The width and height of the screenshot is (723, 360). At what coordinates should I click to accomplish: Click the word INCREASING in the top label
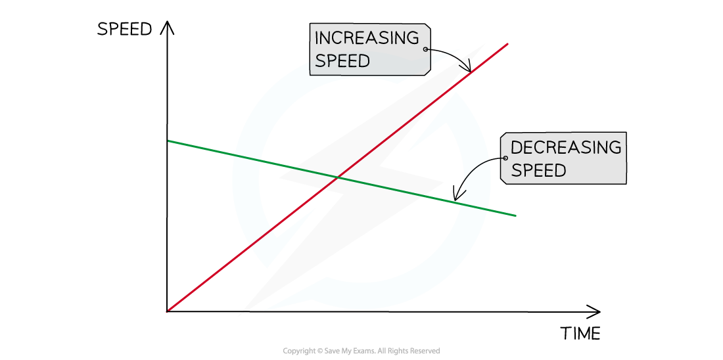366,37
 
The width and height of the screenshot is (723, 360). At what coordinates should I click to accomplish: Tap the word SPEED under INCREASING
342,61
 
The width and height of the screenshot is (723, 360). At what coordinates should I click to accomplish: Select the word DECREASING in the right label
565,147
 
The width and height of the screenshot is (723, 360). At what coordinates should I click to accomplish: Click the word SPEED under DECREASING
538,171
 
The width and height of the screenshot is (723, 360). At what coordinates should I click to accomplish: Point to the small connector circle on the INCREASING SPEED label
426,49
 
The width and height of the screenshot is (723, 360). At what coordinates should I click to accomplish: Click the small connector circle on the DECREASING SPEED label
505,158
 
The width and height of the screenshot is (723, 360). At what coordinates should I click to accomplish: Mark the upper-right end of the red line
508,44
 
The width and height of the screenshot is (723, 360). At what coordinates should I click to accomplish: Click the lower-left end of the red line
168,311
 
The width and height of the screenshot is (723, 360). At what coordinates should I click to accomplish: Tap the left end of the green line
168,141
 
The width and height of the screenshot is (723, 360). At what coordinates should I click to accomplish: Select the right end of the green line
516,215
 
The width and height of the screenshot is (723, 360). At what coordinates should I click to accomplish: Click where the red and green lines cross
338,177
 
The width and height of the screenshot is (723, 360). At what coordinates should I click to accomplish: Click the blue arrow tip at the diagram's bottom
264,310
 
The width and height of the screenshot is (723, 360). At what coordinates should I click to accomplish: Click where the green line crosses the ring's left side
247,158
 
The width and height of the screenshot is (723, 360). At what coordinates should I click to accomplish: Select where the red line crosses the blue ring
262,237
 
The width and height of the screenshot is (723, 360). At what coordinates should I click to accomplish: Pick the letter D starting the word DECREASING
516,147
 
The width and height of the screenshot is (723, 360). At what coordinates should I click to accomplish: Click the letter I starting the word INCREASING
317,37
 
